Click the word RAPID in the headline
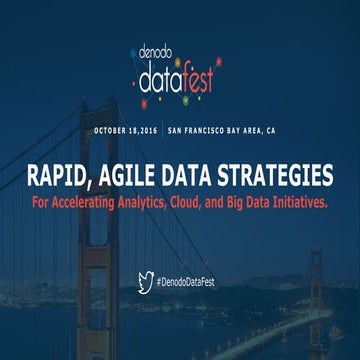point(62,178)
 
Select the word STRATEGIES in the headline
point(279,178)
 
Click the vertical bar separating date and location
point(165,130)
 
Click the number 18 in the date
point(137,130)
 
